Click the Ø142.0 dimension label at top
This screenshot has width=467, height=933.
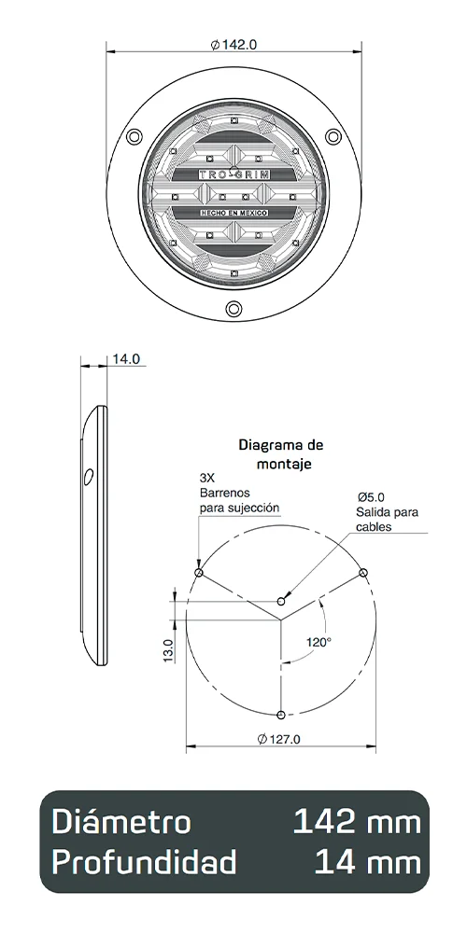[234, 44]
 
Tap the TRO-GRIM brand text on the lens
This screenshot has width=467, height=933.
[234, 174]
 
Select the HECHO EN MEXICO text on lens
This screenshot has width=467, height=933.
[234, 214]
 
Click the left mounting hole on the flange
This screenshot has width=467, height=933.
[134, 137]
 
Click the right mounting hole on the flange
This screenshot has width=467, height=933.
[334, 137]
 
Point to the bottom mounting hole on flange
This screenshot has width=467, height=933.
[233, 311]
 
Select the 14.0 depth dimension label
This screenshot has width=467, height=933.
[126, 359]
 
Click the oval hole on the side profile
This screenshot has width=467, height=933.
[88, 478]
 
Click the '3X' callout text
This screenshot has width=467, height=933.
[206, 476]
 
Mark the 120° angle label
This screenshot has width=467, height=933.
[319, 641]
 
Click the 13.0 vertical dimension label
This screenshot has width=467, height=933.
[169, 650]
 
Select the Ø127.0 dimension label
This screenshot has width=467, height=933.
[277, 740]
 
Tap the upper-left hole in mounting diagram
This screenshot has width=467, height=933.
[198, 573]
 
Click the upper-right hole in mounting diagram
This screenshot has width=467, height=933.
[363, 572]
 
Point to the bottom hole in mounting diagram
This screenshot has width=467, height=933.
[281, 715]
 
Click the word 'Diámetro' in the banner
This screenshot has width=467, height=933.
[121, 822]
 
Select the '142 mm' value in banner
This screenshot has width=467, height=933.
[356, 822]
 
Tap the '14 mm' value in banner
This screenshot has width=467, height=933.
[367, 863]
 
